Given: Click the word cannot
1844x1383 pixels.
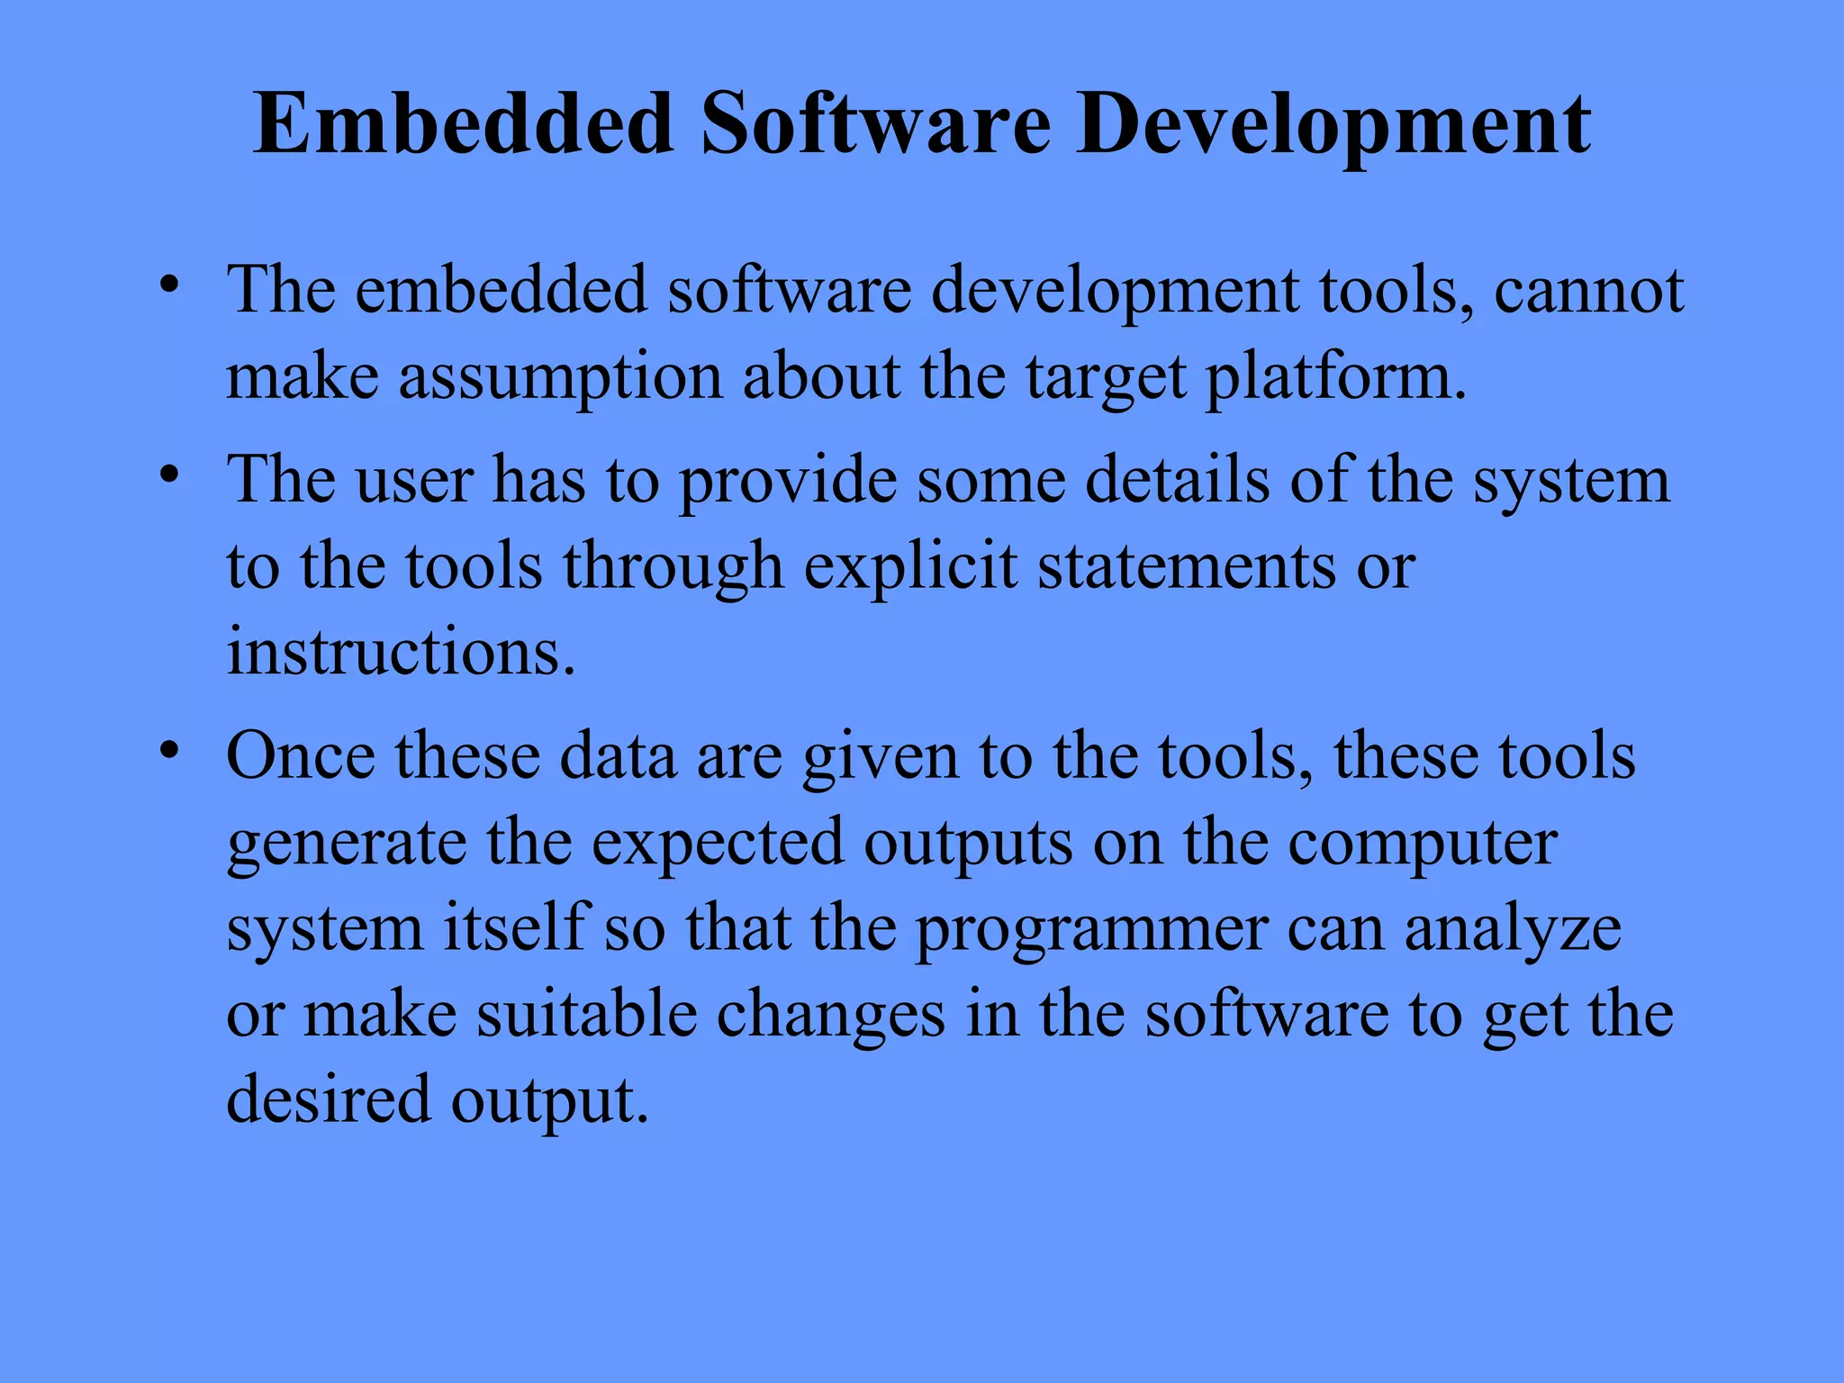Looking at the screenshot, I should click(x=1588, y=291).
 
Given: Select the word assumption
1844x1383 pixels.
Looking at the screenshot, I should click(x=560, y=376).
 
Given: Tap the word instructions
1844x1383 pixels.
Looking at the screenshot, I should click(x=401, y=651).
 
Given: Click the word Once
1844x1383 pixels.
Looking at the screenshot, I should click(x=301, y=755).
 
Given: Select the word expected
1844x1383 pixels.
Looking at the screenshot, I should click(x=718, y=845).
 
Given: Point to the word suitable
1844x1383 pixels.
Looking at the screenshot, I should click(x=586, y=1015).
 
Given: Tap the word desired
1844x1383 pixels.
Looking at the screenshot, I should click(x=329, y=1099).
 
